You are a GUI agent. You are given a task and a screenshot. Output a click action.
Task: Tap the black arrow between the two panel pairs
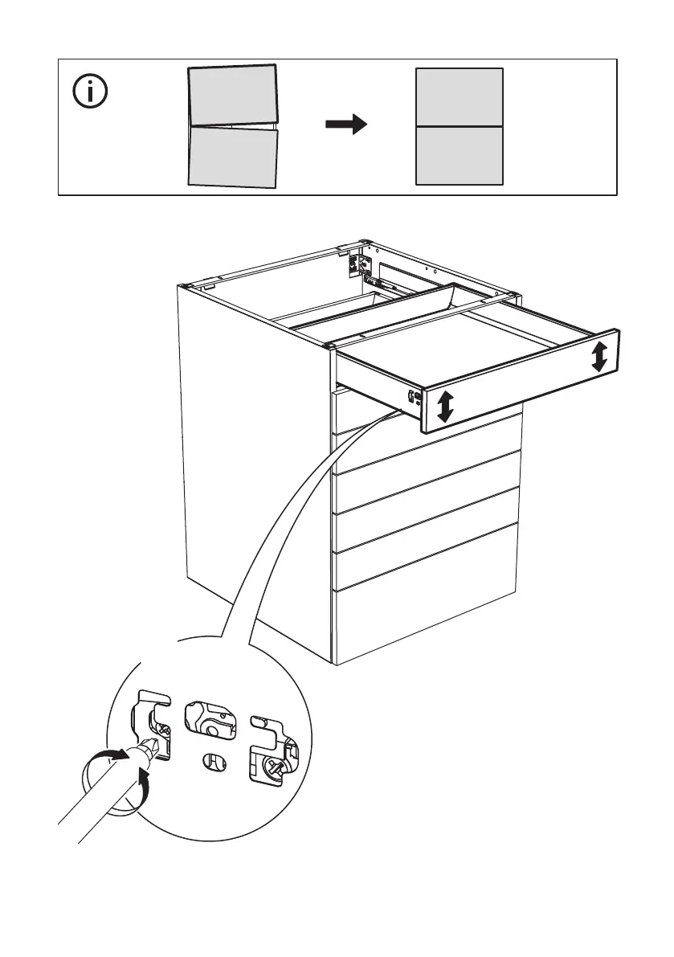tap(346, 125)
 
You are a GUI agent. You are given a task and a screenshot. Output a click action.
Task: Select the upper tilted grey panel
tap(233, 96)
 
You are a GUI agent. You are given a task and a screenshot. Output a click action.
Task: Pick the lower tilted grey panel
tap(233, 157)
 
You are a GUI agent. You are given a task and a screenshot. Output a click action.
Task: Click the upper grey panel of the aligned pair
tap(459, 97)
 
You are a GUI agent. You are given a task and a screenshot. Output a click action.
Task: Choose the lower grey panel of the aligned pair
tap(459, 155)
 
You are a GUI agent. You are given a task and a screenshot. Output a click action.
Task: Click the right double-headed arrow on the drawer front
tap(599, 356)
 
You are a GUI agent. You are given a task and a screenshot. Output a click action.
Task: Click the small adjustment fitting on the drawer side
tap(413, 395)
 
